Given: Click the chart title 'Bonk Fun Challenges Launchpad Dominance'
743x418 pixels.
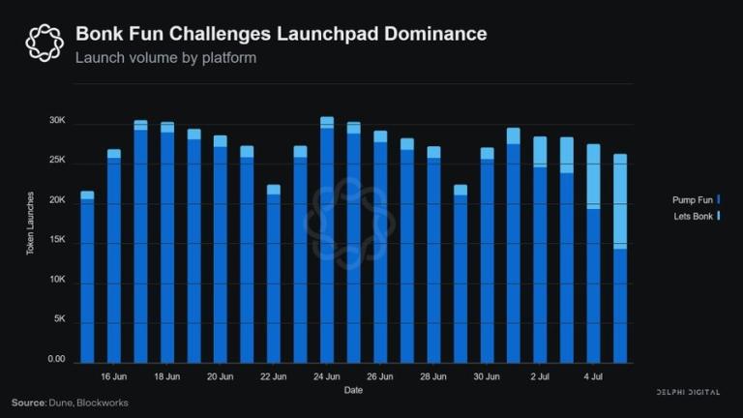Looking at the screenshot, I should point(281,34).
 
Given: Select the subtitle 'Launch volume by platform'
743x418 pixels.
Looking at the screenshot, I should point(165,58).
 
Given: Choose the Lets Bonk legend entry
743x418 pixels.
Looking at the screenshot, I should point(693,216).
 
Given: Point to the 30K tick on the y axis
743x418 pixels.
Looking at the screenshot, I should point(57,122).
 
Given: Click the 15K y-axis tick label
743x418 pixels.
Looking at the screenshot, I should point(57,241).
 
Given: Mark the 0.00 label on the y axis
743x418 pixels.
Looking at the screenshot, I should point(56,360).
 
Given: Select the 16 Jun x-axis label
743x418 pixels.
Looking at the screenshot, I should point(113,376).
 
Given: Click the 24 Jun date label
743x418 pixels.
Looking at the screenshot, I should point(326,376).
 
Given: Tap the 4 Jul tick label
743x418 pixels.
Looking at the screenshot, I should point(593,376).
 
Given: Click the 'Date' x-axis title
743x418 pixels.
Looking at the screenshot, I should point(353,391).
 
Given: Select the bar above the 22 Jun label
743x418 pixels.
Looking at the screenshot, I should point(274,276).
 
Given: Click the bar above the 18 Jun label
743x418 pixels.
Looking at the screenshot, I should point(167,242).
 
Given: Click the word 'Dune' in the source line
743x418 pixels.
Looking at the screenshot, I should point(64,403).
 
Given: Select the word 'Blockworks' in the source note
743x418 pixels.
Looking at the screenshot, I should point(104,403).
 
